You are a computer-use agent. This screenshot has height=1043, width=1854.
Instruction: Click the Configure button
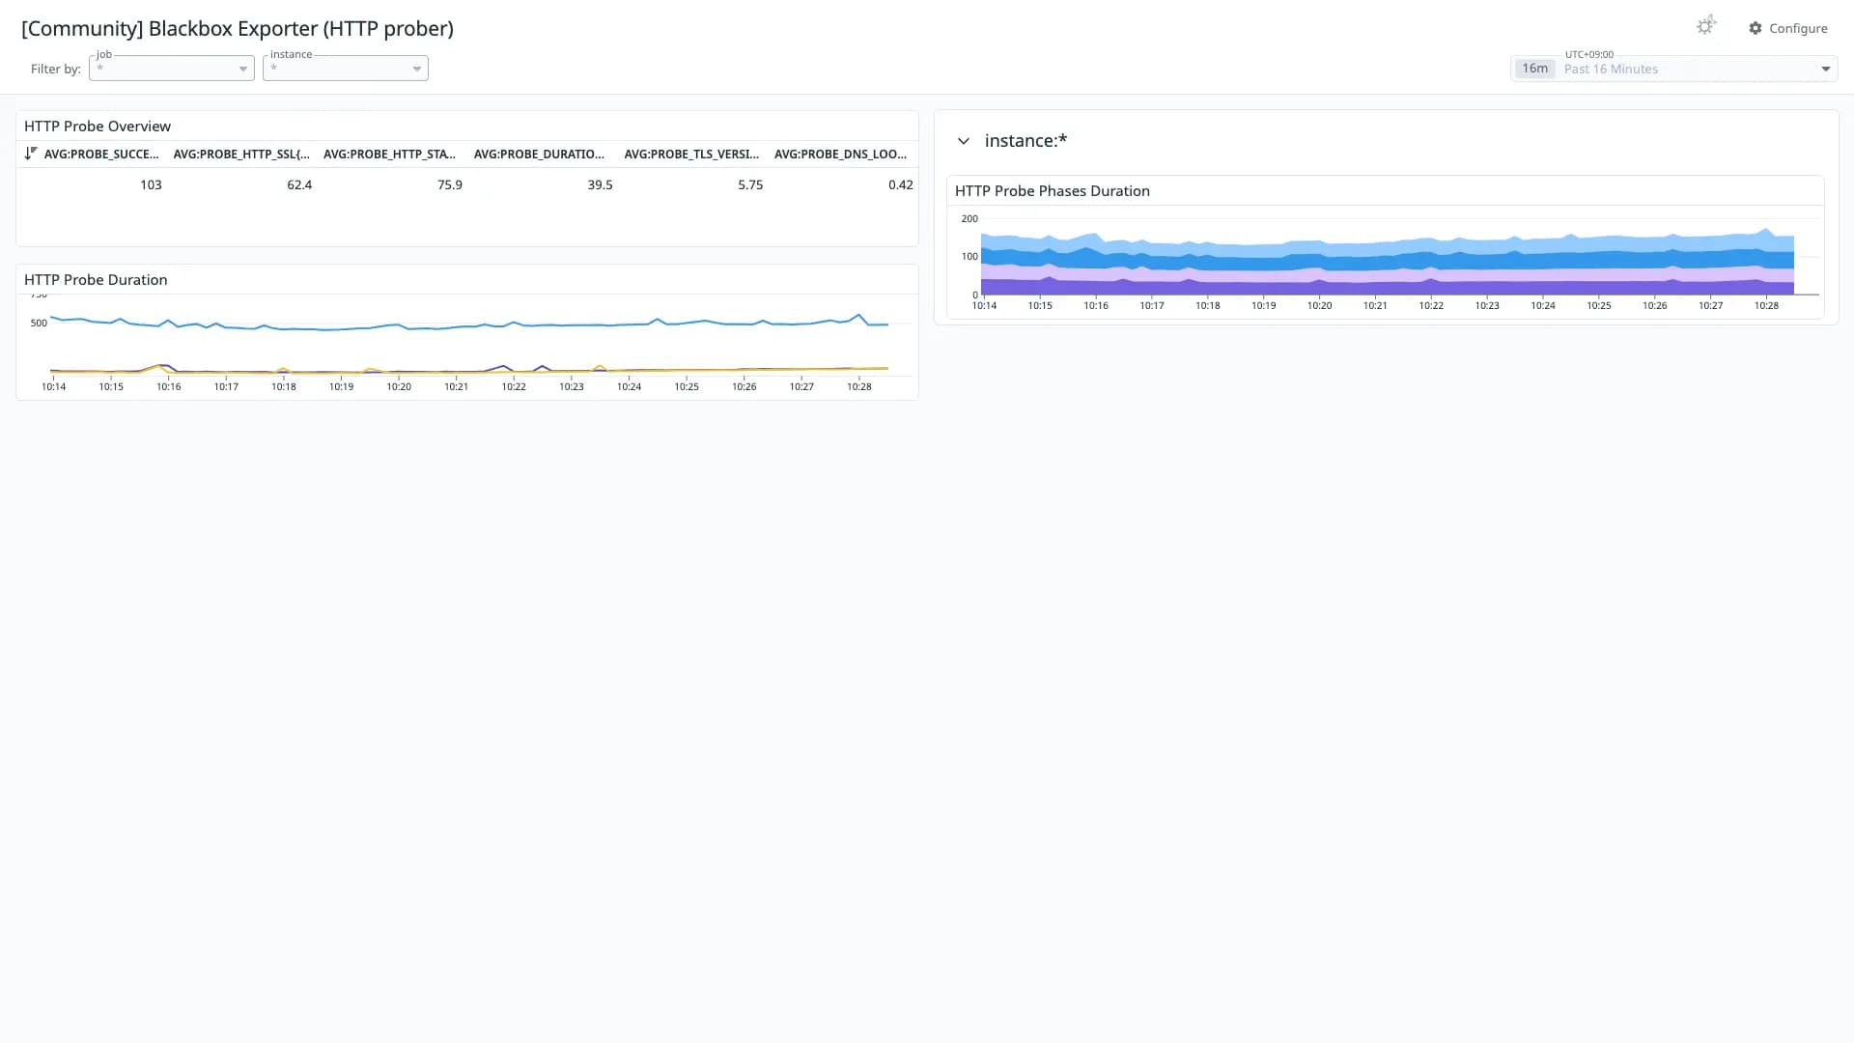coord(1788,28)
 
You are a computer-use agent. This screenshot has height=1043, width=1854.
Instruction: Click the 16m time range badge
coord(1534,69)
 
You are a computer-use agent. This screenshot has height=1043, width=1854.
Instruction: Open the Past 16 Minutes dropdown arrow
coord(1825,69)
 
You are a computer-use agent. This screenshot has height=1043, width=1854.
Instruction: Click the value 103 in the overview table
coord(151,184)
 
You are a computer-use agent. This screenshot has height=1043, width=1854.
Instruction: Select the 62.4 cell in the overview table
coord(299,184)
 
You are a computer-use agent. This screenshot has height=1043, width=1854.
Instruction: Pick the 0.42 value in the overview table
coord(901,184)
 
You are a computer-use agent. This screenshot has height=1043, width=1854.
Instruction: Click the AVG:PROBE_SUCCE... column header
coord(101,154)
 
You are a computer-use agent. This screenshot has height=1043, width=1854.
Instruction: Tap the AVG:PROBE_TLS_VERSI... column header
coord(691,154)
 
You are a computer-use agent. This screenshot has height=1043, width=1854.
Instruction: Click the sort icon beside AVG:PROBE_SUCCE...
coord(31,153)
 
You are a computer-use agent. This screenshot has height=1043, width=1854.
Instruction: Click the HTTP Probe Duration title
coord(96,280)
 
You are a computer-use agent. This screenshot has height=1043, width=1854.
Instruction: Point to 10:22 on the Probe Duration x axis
coord(514,386)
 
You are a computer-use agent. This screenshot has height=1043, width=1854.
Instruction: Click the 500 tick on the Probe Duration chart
coord(39,323)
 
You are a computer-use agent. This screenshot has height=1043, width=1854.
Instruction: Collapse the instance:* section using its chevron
coord(963,141)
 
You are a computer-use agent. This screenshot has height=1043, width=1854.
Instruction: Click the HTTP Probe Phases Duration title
coord(1053,191)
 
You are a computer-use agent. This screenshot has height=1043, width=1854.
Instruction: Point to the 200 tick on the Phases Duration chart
coord(969,219)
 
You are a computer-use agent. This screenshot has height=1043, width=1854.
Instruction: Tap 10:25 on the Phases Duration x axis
coord(1599,305)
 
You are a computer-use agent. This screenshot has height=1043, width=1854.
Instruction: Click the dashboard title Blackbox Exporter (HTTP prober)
coord(301,29)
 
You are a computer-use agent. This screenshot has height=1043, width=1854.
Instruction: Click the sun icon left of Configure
coord(1706,26)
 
